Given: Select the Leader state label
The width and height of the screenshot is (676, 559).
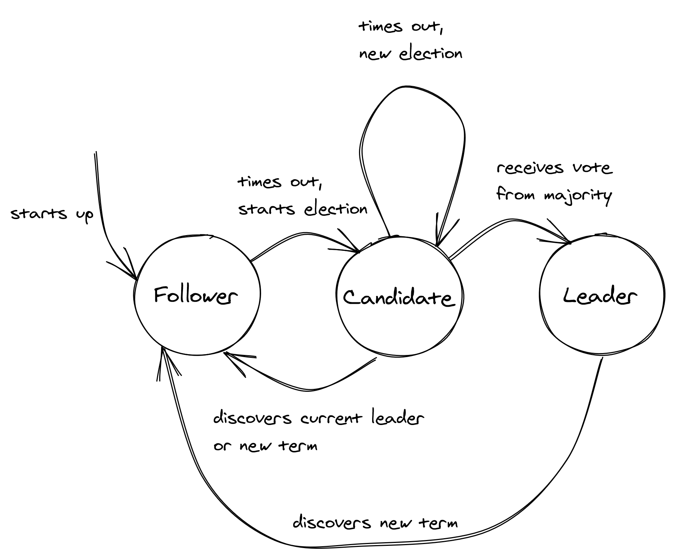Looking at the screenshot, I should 600,296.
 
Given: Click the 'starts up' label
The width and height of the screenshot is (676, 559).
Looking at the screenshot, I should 52,214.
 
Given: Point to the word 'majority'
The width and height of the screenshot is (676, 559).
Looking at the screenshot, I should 577,195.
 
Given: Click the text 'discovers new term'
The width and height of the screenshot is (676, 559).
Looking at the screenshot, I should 375,523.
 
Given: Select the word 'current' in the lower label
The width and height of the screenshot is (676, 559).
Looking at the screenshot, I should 331,418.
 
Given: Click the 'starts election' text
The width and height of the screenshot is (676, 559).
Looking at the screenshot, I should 303,209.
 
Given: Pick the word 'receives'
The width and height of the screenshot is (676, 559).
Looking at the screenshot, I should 530,168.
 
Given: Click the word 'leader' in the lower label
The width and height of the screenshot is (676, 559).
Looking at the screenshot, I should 398,418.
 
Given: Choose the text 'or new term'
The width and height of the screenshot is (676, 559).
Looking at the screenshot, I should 265,446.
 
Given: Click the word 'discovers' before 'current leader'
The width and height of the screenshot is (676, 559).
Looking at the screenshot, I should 252,418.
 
